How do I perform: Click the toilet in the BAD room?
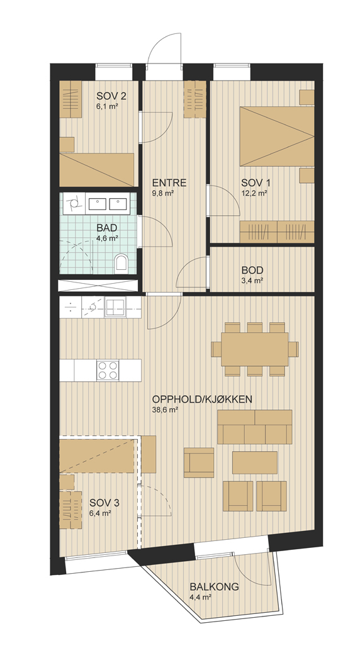coord(121,262)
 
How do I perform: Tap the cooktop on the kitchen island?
coord(108,370)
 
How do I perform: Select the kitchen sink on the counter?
coord(115,308)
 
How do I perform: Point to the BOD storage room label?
coord(252,270)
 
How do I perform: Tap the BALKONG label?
coord(214,587)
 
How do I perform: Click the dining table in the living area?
coord(255,349)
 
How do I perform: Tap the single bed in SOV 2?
coord(97,169)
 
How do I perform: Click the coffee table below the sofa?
coord(255,462)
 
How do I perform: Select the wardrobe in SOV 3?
coord(70,510)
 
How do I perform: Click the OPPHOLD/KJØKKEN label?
coord(203,399)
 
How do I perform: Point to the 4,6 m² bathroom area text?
coord(106,238)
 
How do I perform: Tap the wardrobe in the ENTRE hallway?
coord(195,99)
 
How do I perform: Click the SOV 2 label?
coord(111,96)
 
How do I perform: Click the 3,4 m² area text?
coord(252,281)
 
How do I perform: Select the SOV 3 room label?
coord(104,503)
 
